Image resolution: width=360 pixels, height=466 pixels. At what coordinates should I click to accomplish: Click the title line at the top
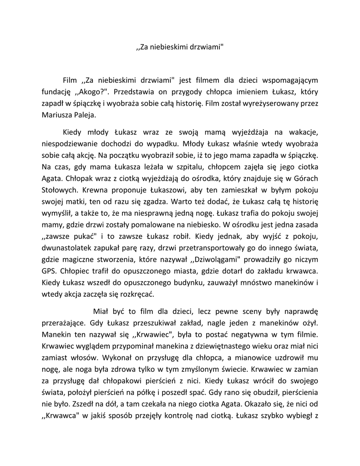180,46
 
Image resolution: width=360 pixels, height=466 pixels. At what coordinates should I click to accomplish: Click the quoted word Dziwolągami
213,259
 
